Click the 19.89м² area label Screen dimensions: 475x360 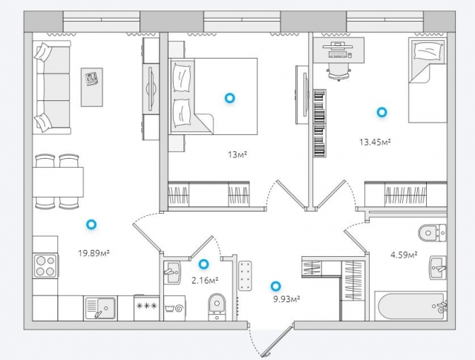click(x=94, y=252)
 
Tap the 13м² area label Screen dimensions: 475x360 click(x=237, y=155)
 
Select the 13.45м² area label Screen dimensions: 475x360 click(x=375, y=142)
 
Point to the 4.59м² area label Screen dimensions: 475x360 click(x=404, y=255)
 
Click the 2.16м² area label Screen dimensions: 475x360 click(x=205, y=281)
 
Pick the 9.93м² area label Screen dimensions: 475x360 click(x=286, y=299)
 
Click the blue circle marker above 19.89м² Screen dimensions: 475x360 click(x=91, y=225)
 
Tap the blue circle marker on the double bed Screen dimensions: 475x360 click(x=229, y=98)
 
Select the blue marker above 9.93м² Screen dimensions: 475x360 click(x=275, y=286)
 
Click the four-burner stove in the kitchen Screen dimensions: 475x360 click(x=45, y=266)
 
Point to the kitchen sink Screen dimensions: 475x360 click(x=100, y=308)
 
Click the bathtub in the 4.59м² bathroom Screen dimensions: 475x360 click(x=410, y=306)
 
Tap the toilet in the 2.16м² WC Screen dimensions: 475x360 click(x=217, y=307)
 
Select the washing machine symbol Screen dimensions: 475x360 click(x=174, y=309)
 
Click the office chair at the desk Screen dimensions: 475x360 click(x=338, y=72)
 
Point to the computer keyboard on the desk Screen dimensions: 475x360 click(x=338, y=55)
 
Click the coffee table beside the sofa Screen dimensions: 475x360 click(x=92, y=87)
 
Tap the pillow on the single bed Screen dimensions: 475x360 click(x=428, y=50)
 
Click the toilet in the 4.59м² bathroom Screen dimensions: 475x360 click(x=432, y=233)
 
